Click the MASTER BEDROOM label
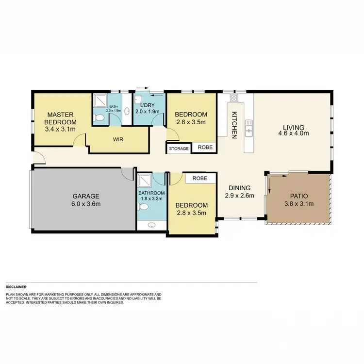click(61, 118)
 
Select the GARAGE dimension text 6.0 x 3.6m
click(86, 204)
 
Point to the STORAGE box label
click(179, 149)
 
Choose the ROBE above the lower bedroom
click(199, 179)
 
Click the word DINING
click(240, 188)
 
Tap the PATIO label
click(298, 196)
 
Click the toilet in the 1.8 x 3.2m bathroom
click(142, 207)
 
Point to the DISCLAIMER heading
click(17, 287)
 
